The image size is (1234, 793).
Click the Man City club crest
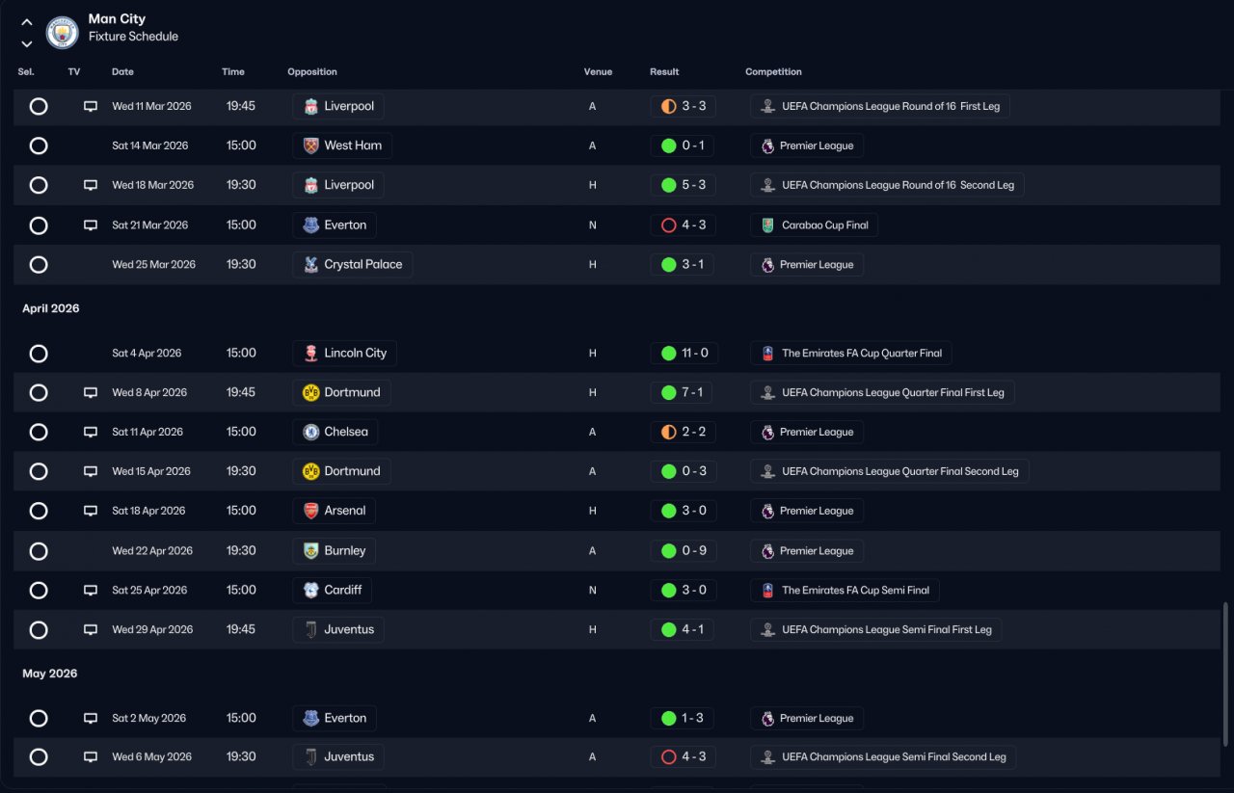pos(62,33)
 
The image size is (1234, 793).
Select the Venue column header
pos(598,71)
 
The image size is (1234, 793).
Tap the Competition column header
pos(773,71)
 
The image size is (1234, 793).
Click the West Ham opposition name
pos(353,145)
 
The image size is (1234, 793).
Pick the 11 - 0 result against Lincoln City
pos(695,353)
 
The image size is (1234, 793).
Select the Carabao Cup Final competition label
pos(824,225)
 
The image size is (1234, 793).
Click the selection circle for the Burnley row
pos(39,551)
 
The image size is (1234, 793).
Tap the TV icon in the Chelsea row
pos(91,432)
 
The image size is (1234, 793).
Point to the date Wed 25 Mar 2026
pos(153,264)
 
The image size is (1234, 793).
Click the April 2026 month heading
pos(51,308)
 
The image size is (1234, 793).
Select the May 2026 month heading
pos(49,674)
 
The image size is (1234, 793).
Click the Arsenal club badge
pos(310,511)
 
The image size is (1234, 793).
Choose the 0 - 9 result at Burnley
pos(694,551)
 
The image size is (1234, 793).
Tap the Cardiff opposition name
pos(342,590)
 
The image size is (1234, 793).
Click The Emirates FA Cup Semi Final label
pos(855,591)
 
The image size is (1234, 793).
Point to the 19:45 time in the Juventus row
pos(241,629)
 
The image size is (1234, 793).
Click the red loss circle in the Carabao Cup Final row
pos(668,225)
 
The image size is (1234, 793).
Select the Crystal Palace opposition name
pos(363,264)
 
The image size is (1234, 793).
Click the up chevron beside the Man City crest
pos(26,22)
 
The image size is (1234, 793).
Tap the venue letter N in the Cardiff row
pos(592,591)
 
